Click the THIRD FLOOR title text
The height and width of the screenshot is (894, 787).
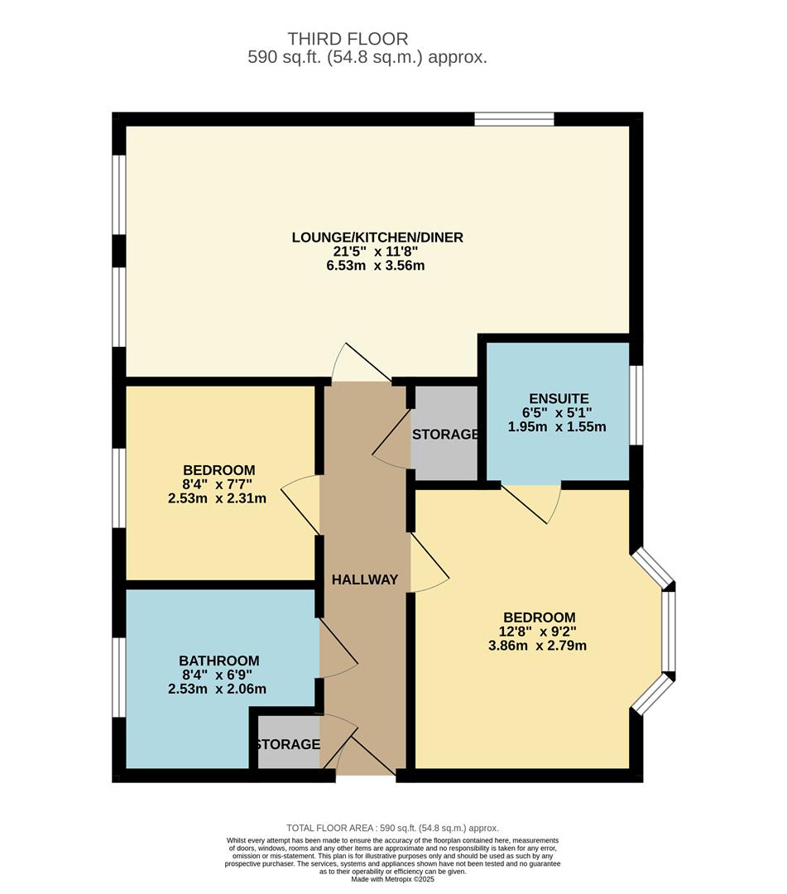[x=348, y=39]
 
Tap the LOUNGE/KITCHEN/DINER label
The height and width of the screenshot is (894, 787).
[x=377, y=238]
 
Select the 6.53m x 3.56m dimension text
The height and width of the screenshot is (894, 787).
[x=376, y=266]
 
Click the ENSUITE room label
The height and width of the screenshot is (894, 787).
[x=559, y=398]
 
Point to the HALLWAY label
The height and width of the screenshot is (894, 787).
[x=365, y=579]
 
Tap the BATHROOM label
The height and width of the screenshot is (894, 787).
[x=219, y=661]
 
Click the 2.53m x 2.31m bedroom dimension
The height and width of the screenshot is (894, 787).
[x=217, y=498]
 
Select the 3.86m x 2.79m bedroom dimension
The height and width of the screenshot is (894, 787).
[x=537, y=646]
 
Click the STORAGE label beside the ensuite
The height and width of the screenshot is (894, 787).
[x=445, y=435]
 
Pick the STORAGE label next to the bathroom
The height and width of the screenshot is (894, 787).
[x=288, y=745]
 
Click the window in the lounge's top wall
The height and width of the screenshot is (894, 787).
[x=515, y=119]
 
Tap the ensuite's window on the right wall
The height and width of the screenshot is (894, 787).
[x=636, y=405]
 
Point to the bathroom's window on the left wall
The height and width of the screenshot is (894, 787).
[x=118, y=677]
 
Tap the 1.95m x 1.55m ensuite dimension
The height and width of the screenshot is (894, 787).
[x=557, y=427]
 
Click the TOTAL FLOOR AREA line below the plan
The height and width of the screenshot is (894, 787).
[x=392, y=828]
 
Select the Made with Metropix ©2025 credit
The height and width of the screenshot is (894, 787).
[x=392, y=879]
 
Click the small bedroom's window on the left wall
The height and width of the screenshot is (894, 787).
[x=118, y=488]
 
